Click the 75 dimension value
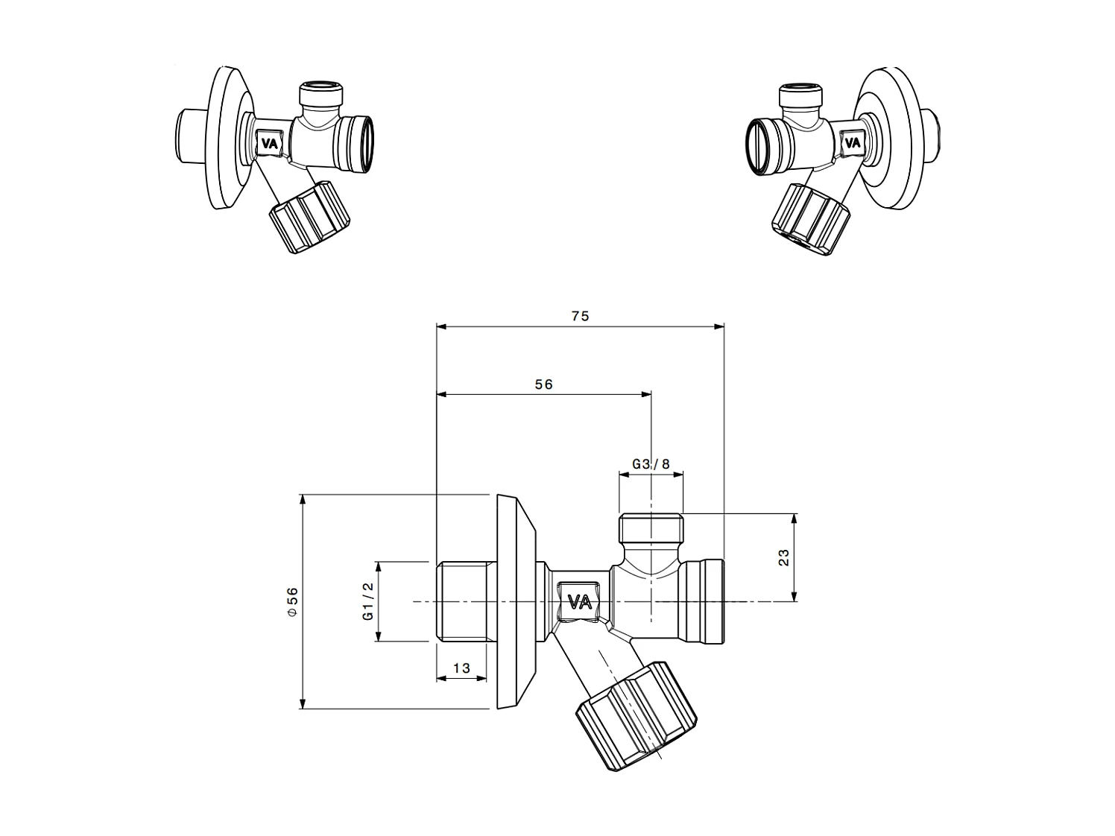pos(580,316)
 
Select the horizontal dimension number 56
pos(544,384)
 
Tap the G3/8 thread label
pos(651,463)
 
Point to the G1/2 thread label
pos(367,602)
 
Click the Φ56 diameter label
pos(292,601)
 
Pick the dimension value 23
pos(784,557)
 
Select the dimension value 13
pos(461,668)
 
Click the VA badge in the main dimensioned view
pos(580,601)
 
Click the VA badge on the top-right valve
pos(850,142)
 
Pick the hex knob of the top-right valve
pos(808,219)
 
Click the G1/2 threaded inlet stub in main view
pos(461,601)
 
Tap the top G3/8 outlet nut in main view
pos(651,528)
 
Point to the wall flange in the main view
pos(514,601)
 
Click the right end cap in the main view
pos(704,601)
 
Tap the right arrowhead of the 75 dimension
pos(719,326)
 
